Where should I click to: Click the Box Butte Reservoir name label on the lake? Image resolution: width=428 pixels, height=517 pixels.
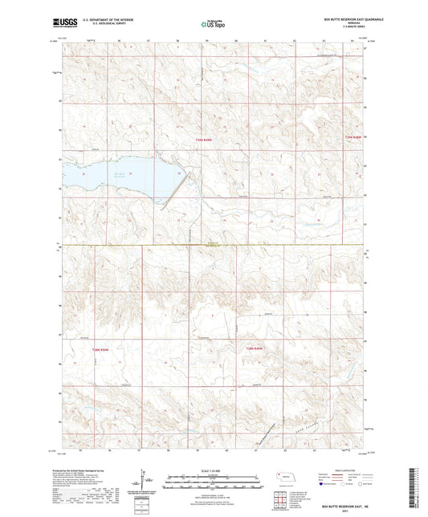click(x=120, y=173)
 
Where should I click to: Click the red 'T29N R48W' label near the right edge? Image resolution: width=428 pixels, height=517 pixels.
click(x=353, y=137)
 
